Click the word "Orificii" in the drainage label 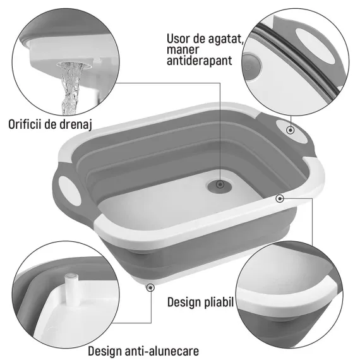point(25,124)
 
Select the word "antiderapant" point(200,61)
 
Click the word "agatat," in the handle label point(226,39)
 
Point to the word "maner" point(183,50)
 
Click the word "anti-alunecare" point(162,351)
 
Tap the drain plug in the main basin point(219,185)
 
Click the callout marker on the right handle point(291,130)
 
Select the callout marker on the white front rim point(280,198)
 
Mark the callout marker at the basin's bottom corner point(150,287)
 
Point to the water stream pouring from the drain point(71,88)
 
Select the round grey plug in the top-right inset point(251,67)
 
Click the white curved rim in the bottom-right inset point(287,296)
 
